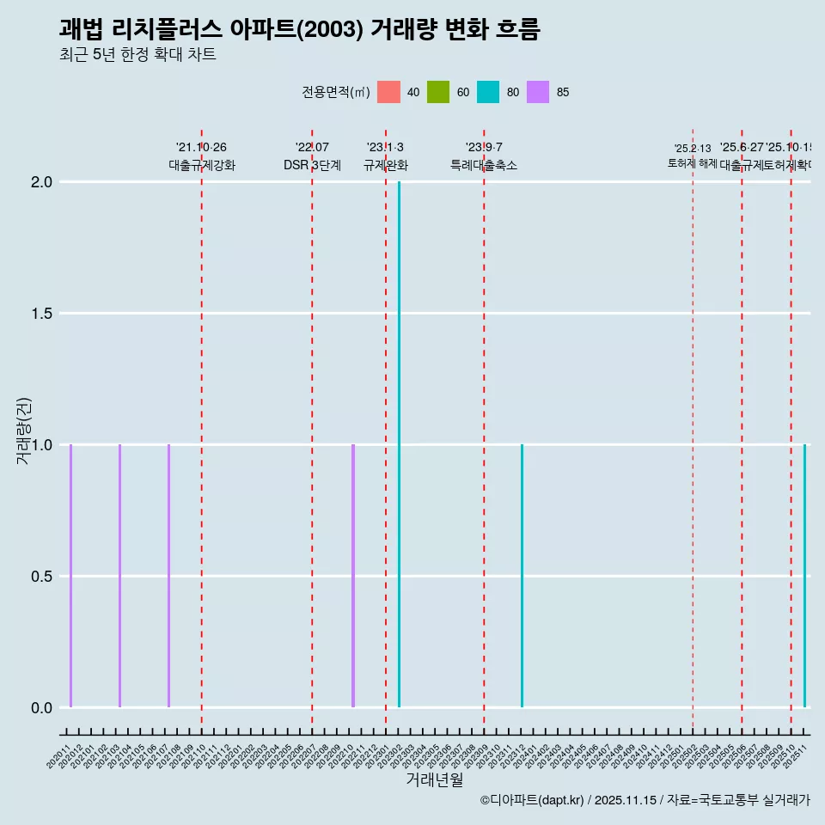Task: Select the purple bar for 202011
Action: (x=70, y=576)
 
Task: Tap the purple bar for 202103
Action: (x=119, y=576)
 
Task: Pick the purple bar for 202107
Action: (x=168, y=576)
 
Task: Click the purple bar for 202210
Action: (x=353, y=576)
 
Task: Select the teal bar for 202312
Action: (x=522, y=576)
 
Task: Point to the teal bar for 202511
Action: (x=804, y=576)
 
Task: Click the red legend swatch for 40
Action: (x=388, y=92)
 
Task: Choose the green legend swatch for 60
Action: (x=438, y=92)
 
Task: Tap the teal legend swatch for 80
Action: (x=488, y=92)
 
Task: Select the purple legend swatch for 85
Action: (x=538, y=92)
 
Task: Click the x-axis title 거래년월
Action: (x=435, y=780)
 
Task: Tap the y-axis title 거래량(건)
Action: (x=24, y=431)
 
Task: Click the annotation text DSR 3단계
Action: (x=312, y=166)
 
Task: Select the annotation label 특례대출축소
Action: (x=484, y=166)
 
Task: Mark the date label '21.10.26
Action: (x=201, y=148)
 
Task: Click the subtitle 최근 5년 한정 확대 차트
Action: (x=137, y=55)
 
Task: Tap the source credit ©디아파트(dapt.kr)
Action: (x=532, y=800)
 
